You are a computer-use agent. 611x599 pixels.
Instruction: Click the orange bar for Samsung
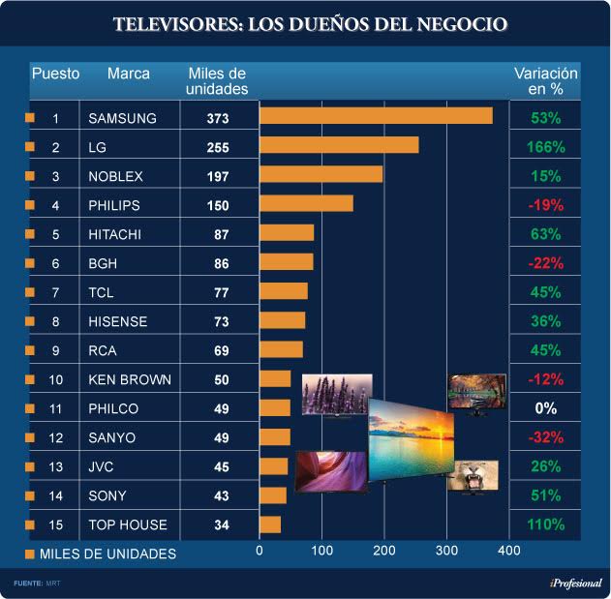coord(376,116)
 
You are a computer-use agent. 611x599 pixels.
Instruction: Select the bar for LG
coord(339,145)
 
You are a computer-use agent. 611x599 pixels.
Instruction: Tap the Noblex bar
coord(321,174)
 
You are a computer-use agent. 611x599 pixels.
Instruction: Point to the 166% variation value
coord(546,147)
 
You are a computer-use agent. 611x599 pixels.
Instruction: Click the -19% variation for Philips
coord(546,205)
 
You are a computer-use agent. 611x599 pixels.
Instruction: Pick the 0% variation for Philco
coord(546,408)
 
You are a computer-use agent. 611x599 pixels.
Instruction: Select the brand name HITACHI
coord(115,234)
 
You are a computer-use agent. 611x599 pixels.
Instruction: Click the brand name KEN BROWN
coord(130,379)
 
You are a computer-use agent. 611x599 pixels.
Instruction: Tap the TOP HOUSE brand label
coord(128,524)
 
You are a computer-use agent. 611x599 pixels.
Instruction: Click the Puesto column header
coord(55,74)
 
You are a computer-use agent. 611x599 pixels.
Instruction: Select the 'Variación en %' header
coord(545,81)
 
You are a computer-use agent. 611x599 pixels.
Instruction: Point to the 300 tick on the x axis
coord(445,551)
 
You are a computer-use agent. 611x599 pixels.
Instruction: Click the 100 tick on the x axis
coord(321,551)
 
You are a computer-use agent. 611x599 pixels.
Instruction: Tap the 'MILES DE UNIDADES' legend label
coord(107,554)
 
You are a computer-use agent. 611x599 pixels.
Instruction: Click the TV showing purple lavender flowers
coord(336,395)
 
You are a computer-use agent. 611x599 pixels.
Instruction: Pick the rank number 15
coord(55,524)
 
